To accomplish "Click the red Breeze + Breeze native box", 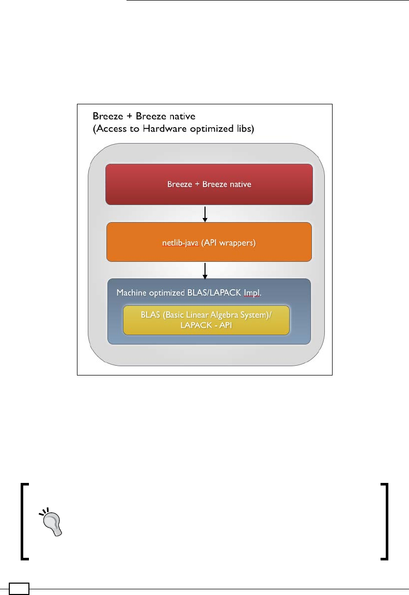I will (209, 184).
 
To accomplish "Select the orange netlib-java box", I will (209, 242).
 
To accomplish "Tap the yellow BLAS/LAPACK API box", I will (206, 320).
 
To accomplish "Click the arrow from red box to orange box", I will (206, 214).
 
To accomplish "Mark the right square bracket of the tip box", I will (384, 521).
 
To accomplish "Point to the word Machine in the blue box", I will (132, 292).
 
